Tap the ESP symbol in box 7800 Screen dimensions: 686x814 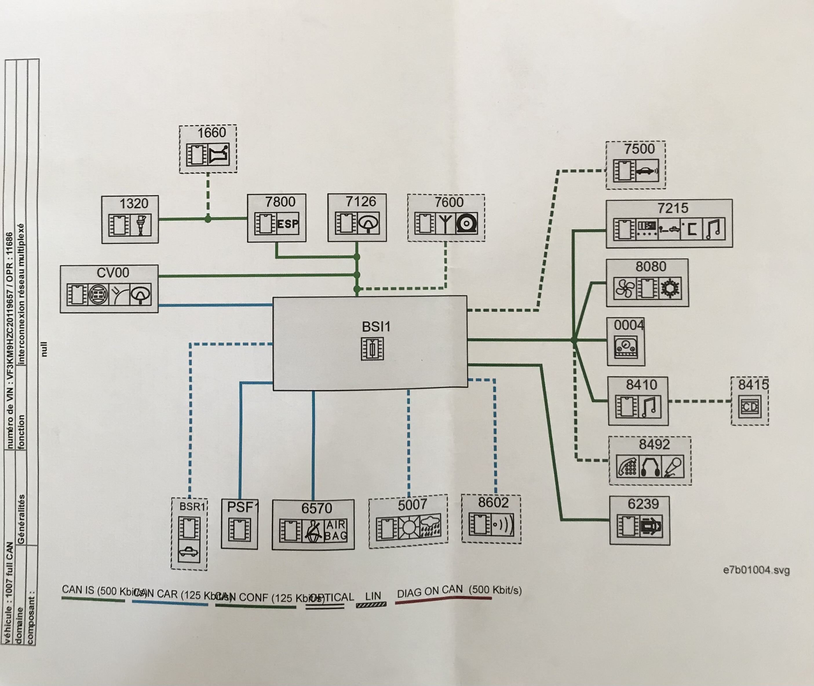click(288, 224)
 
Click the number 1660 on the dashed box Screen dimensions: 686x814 click(211, 133)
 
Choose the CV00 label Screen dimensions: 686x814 click(113, 273)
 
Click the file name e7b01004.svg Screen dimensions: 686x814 click(756, 570)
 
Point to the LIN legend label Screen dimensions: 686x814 click(373, 596)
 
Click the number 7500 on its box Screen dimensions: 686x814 click(639, 149)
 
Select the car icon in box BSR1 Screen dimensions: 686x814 click(189, 552)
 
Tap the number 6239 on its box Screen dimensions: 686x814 click(643, 504)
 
